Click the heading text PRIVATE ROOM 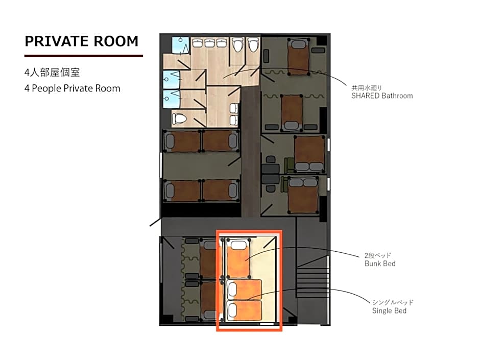point(82,41)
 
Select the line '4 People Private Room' point(72,88)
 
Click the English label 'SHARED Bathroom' point(381,95)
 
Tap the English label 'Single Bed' point(389,310)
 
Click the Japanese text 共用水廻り point(366,88)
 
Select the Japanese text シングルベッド point(392,302)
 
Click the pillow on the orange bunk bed point(237,245)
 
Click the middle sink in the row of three point(209,43)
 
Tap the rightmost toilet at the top point(253,45)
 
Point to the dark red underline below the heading point(83,55)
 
